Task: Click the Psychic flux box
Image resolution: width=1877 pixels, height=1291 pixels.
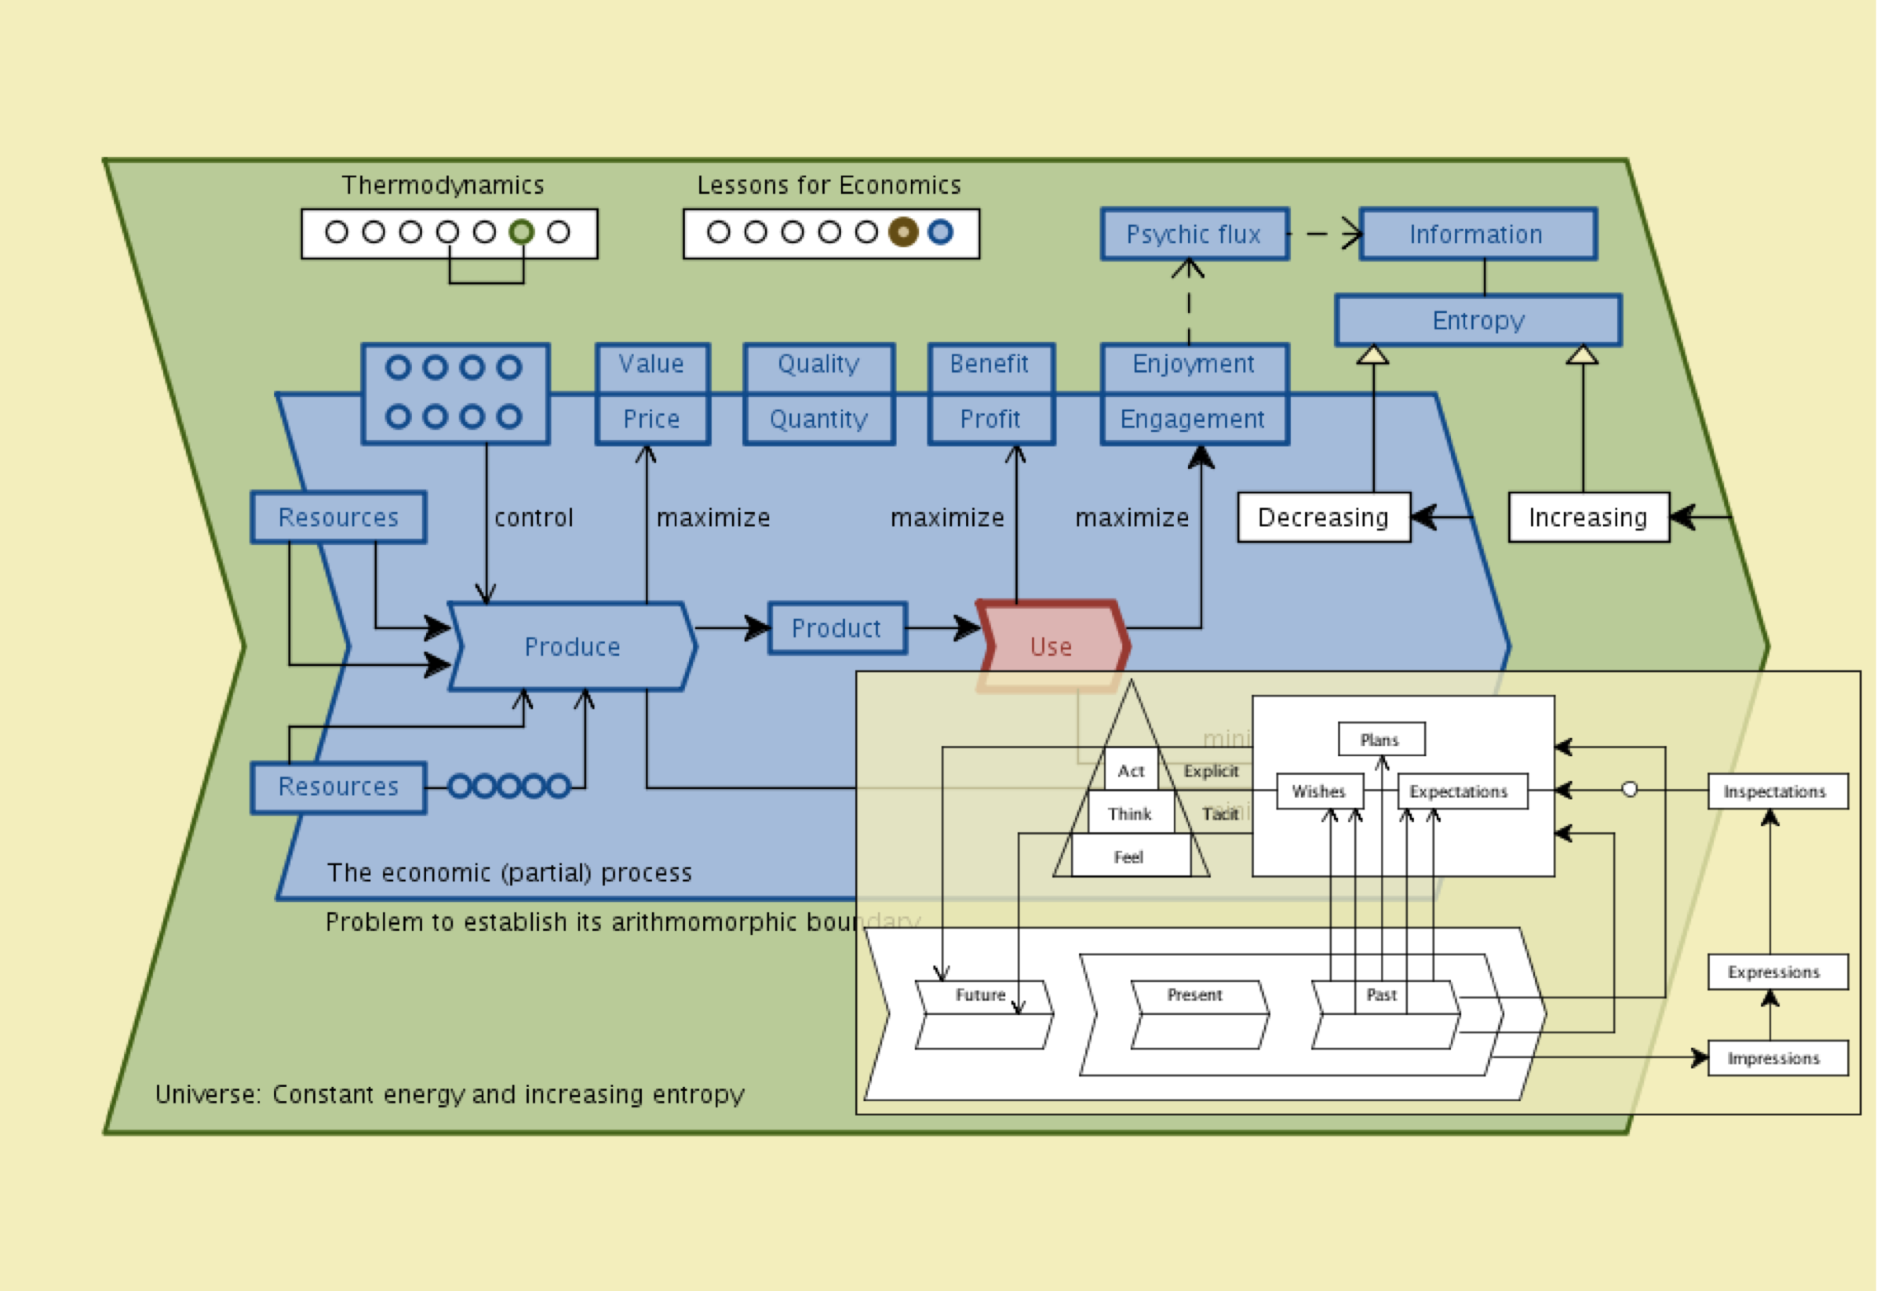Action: (1194, 235)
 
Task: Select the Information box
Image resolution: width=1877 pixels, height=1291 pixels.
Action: (1478, 235)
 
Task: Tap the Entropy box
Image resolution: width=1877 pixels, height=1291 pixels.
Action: (1478, 320)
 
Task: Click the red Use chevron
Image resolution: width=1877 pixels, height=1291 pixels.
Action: (1051, 646)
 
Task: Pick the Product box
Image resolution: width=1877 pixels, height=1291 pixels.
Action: (836, 628)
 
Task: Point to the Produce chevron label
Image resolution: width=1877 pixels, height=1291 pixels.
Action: (572, 647)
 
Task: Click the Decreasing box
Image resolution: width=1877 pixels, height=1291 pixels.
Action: (1324, 518)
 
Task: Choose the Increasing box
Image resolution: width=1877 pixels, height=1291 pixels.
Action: (1588, 518)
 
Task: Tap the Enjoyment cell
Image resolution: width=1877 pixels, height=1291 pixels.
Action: (1194, 365)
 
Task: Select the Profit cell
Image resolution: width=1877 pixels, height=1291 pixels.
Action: (990, 419)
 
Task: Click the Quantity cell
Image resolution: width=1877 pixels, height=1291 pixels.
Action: (818, 419)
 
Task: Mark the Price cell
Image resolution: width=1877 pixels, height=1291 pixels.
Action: (652, 419)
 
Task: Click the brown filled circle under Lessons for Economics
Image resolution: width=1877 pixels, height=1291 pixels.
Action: (903, 233)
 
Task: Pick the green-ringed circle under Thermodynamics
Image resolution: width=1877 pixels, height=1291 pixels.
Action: (522, 233)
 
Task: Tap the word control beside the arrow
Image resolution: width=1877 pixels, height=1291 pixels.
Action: (534, 518)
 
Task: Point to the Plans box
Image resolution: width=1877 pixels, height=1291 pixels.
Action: (1380, 740)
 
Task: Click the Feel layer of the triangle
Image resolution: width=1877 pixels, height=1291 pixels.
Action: (1129, 857)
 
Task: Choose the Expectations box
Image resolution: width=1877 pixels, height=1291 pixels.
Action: (1461, 791)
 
